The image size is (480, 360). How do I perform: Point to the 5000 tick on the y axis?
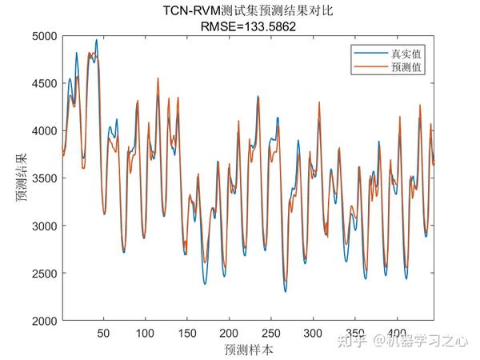[45, 36]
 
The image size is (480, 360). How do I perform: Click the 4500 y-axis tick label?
[45, 83]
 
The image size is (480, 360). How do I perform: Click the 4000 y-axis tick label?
[45, 130]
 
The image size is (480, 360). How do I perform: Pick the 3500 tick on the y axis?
[45, 178]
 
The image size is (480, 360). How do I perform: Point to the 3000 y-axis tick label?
[45, 226]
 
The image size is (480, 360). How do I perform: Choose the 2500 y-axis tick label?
[45, 274]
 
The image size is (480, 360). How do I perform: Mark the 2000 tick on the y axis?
[45, 321]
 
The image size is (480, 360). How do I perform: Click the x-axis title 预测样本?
[247, 350]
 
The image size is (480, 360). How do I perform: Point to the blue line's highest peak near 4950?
[97, 40]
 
